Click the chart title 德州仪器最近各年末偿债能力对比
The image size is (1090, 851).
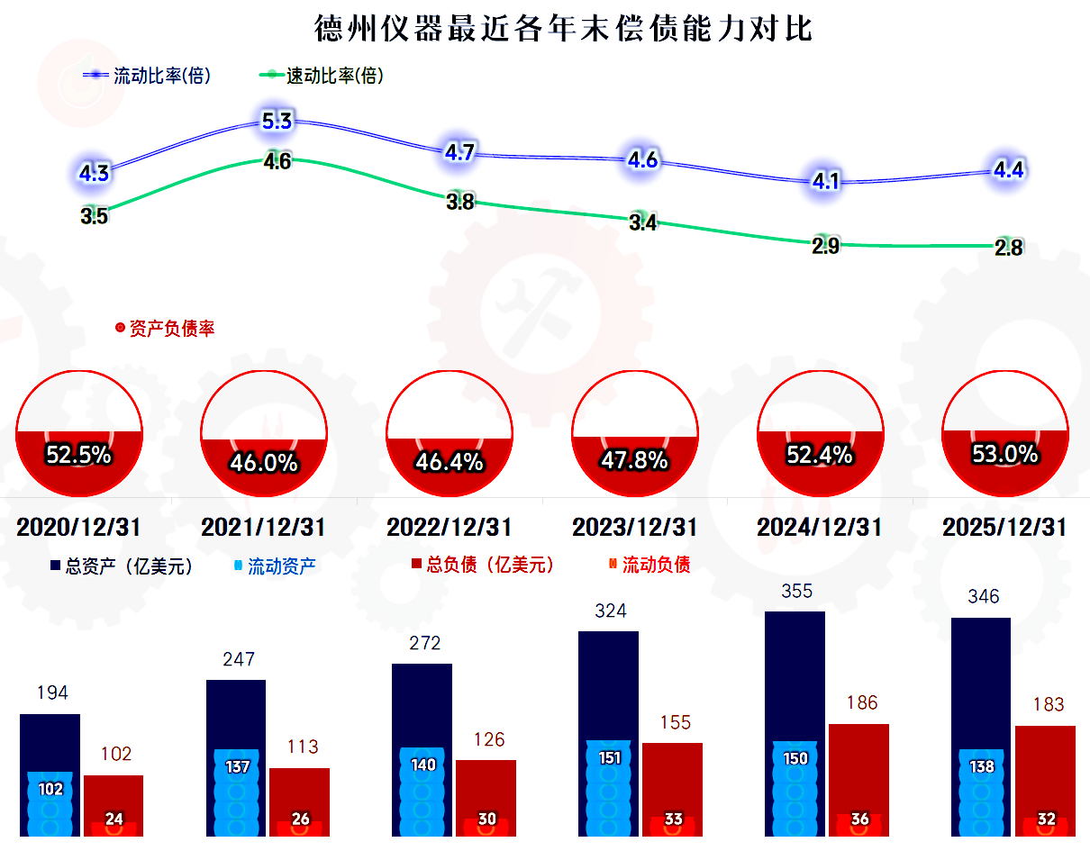(x=563, y=29)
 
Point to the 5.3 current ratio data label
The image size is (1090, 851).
(x=277, y=121)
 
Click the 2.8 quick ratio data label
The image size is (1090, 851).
(x=1008, y=249)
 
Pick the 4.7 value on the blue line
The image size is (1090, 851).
(x=459, y=153)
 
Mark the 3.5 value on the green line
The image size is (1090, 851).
(x=94, y=216)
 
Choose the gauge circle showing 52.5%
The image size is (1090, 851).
(x=78, y=431)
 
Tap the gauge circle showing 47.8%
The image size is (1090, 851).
(x=635, y=431)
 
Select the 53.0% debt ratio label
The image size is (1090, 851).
(x=1004, y=455)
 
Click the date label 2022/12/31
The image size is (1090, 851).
(x=449, y=528)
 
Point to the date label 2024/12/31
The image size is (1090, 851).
(x=819, y=528)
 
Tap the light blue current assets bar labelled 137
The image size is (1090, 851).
(x=237, y=792)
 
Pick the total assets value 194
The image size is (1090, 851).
(x=53, y=693)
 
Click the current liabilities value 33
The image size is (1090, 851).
(x=674, y=819)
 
